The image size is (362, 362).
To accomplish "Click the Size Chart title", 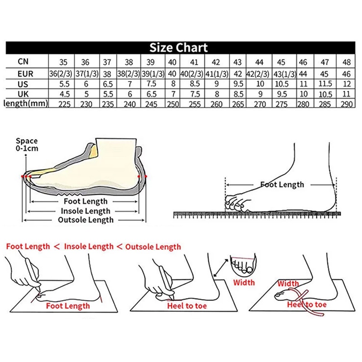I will [x=179, y=48].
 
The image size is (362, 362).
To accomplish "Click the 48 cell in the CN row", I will [x=347, y=62].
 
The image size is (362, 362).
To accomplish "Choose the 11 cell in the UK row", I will [x=347, y=94].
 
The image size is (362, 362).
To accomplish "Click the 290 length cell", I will [x=347, y=104].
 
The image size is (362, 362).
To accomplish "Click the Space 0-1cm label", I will [x=27, y=144].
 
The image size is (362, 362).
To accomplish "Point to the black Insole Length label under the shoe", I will [x=86, y=211].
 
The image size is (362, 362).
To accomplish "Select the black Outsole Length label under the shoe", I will [x=86, y=220].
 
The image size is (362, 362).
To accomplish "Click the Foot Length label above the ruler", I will [x=282, y=185].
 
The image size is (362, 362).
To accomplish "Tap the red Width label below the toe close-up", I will [x=244, y=283].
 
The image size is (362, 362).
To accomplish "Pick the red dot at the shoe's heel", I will [x=146, y=176].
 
